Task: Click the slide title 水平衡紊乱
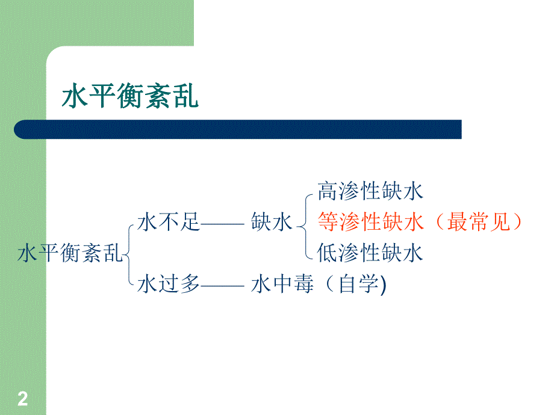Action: pos(130,96)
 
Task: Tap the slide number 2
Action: pos(23,399)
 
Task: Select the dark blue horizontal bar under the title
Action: pos(238,129)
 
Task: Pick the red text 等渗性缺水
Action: pos(370,223)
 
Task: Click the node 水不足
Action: pos(168,223)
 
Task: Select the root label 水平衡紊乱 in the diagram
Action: pos(70,253)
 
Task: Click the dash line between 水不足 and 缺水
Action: pos(222,224)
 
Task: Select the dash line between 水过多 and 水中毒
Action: pos(222,286)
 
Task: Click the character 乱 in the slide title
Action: pos(185,96)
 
